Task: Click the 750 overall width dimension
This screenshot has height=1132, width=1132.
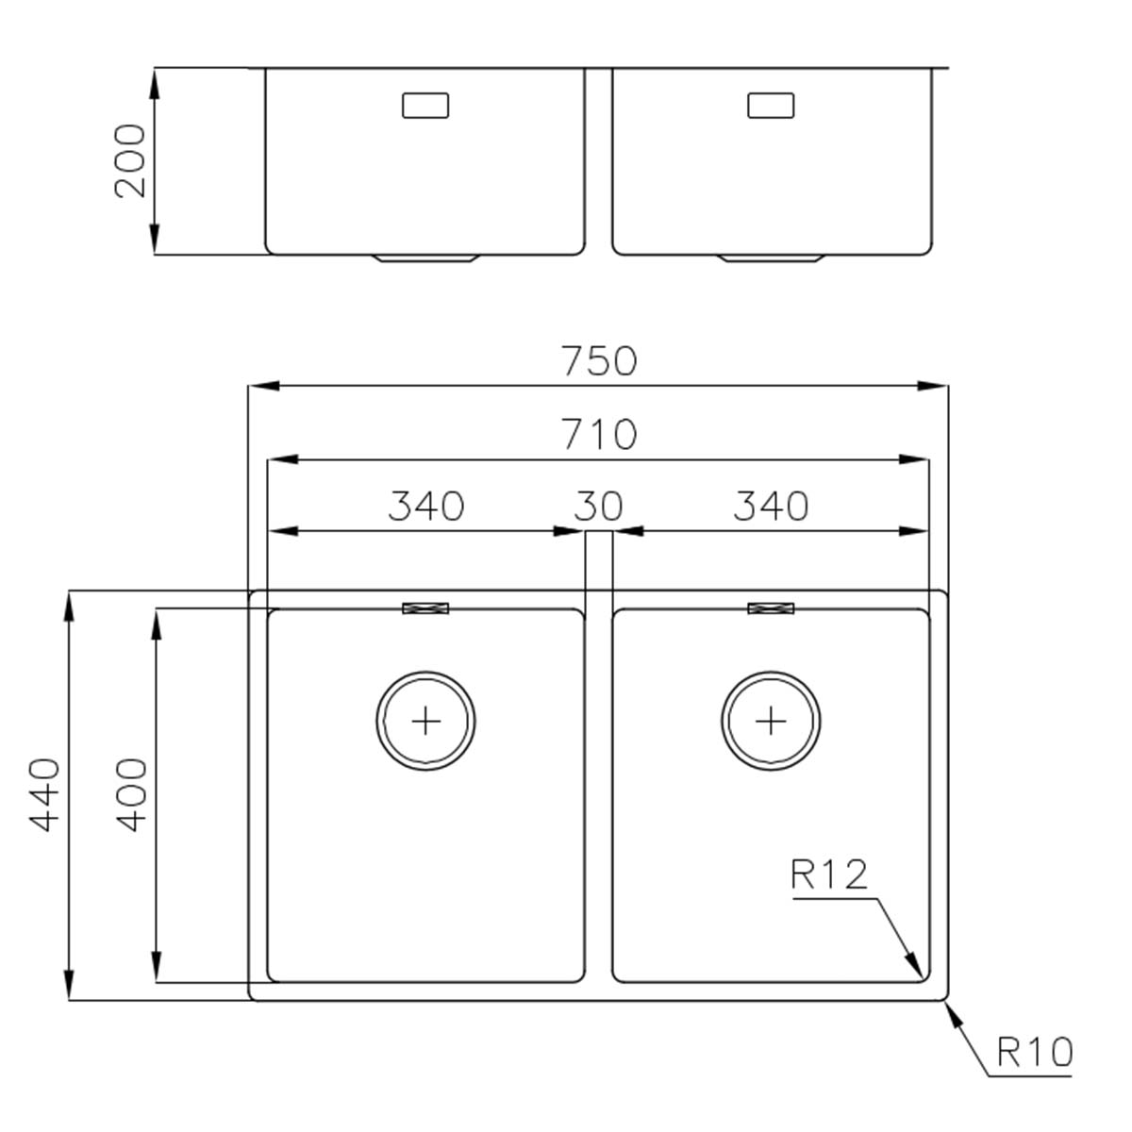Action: point(599,361)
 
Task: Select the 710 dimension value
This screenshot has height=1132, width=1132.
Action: point(599,435)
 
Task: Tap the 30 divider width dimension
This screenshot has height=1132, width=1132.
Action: point(598,507)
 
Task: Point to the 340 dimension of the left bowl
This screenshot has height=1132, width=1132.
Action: point(426,507)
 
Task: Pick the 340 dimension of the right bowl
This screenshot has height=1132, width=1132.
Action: point(771,507)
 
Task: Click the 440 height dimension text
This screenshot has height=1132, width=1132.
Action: point(44,794)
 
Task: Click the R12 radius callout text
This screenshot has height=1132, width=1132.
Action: point(828,875)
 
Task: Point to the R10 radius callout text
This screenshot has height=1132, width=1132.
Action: point(1034,1051)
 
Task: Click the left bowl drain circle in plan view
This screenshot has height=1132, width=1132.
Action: point(425,722)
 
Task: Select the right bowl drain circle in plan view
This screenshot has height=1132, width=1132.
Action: point(771,722)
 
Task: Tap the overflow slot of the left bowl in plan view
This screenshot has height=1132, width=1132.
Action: point(425,608)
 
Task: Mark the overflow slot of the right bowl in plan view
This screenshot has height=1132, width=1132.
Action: point(771,608)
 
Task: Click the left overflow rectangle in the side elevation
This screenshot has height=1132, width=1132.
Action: point(425,106)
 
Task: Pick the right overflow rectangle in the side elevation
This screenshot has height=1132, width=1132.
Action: point(771,106)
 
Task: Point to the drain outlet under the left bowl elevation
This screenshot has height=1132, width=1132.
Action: point(426,258)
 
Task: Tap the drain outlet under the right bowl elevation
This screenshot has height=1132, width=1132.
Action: point(772,258)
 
